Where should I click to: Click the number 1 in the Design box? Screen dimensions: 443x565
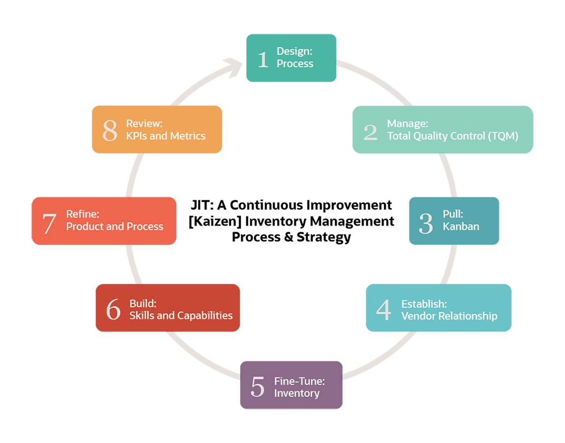pyautogui.click(x=263, y=59)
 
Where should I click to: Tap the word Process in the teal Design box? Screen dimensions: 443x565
pyautogui.click(x=295, y=64)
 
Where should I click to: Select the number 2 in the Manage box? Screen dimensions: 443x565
pyautogui.click(x=371, y=132)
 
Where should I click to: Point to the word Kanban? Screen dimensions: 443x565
pyautogui.click(x=461, y=227)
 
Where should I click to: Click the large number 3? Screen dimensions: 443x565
pyautogui.click(x=426, y=223)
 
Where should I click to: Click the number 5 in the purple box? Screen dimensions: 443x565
pyautogui.click(x=257, y=387)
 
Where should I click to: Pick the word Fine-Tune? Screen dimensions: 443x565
pyautogui.click(x=300, y=381)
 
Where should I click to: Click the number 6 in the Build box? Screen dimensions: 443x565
pyautogui.click(x=113, y=310)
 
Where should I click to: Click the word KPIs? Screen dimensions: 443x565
pyautogui.click(x=136, y=136)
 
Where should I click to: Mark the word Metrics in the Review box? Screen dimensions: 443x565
pyautogui.click(x=187, y=136)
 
